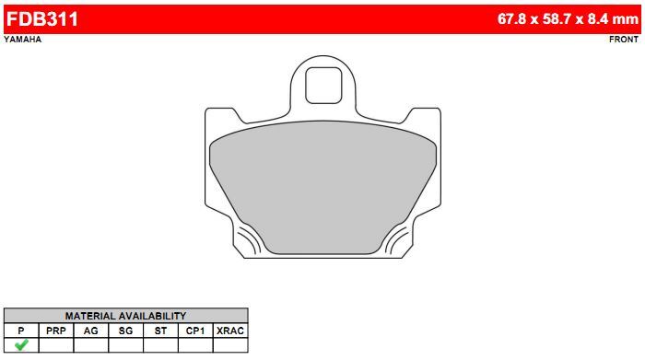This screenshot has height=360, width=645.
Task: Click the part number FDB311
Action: [42, 19]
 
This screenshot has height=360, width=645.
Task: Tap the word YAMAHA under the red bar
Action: [23, 40]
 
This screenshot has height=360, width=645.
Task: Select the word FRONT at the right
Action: [624, 40]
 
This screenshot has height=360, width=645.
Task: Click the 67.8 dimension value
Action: [511, 19]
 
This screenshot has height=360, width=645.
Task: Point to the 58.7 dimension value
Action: [557, 19]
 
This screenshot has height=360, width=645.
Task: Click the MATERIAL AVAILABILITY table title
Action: [125, 316]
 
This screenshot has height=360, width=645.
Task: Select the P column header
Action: [21, 331]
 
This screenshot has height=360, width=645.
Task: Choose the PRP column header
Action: [56, 331]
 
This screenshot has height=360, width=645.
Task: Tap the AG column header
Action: [91, 331]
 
